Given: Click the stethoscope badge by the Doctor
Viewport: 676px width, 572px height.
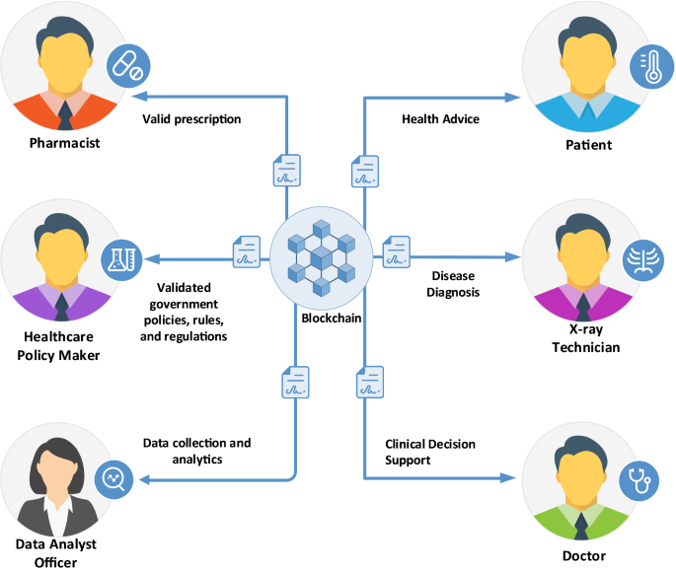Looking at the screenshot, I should pos(638,480).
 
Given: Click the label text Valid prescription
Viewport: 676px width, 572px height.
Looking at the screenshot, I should pos(191,119).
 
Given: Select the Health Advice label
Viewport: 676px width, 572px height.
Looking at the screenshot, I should pos(440,119).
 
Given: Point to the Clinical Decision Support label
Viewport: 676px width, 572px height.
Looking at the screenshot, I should pos(430,452).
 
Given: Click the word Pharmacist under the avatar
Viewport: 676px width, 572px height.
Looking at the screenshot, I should pos(64,144).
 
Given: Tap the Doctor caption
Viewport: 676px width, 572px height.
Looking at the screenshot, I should pos(582,556).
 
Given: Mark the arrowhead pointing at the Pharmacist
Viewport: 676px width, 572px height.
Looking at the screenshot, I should pos(140,97).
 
